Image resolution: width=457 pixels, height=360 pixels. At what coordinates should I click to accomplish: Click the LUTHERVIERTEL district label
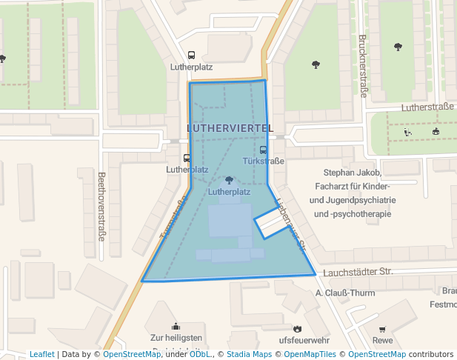pyautogui.click(x=230, y=128)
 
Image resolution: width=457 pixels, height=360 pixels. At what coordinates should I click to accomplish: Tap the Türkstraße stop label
pyautogui.click(x=264, y=161)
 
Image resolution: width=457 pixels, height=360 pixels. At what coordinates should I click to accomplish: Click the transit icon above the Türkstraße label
pyautogui.click(x=264, y=150)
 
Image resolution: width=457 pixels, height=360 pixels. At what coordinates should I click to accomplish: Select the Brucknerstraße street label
pyautogui.click(x=363, y=66)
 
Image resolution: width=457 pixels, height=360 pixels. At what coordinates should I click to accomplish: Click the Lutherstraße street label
pyautogui.click(x=427, y=107)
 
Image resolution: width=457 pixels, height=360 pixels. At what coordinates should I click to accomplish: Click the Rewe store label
pyautogui.click(x=383, y=341)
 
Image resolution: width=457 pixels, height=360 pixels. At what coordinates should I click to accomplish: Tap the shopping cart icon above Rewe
pyautogui.click(x=382, y=329)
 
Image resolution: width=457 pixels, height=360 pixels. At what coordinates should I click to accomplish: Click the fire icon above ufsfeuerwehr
pyautogui.click(x=298, y=328)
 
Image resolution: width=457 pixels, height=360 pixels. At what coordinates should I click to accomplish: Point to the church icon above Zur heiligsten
pyautogui.click(x=176, y=325)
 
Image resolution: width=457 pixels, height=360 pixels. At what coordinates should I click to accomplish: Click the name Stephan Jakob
pyautogui.click(x=352, y=173)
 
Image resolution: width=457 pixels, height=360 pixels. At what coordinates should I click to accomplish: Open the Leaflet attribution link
pyautogui.click(x=41, y=354)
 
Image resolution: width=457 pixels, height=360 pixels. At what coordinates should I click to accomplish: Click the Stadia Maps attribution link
pyautogui.click(x=249, y=354)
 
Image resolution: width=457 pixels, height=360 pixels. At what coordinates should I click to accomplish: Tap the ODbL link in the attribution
pyautogui.click(x=200, y=354)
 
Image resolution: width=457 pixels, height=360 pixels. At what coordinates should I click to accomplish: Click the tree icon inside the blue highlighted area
pyautogui.click(x=229, y=180)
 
